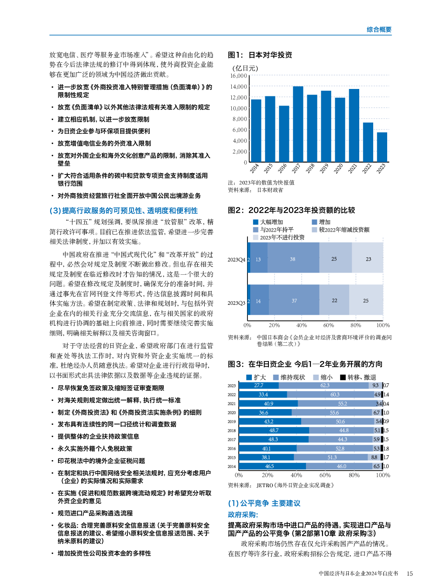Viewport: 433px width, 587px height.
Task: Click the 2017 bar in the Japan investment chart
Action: [298, 124]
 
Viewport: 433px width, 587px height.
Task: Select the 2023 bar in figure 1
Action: [382, 147]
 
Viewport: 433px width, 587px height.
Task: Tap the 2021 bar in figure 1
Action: [354, 126]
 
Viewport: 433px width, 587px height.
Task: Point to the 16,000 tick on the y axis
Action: [239, 76]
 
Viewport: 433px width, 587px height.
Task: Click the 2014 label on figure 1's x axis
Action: [254, 168]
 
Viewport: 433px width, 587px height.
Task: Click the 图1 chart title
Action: [260, 55]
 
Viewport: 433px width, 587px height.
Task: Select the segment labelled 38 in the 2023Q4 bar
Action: [293, 259]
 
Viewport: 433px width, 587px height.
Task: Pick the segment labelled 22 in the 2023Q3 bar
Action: [334, 300]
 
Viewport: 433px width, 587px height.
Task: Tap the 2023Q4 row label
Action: [236, 259]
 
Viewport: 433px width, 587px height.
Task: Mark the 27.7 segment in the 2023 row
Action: [259, 386]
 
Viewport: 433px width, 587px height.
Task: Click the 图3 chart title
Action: [305, 364]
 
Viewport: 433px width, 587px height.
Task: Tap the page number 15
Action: [409, 573]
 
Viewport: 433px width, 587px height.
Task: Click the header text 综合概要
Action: [379, 30]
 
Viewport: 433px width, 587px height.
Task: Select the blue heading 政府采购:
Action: [243, 515]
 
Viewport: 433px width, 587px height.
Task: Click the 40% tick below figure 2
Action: [301, 325]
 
